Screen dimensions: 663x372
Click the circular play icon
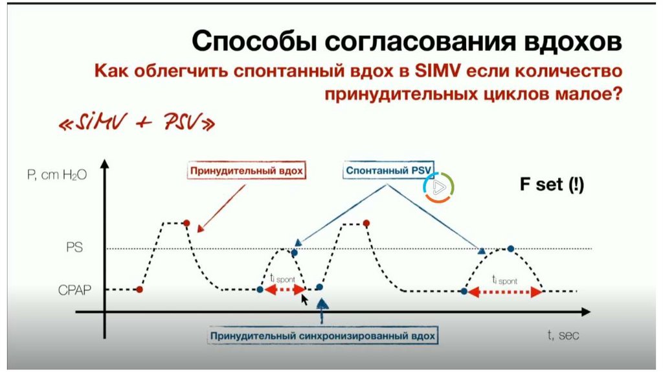438,187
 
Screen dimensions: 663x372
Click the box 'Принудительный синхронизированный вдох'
323,337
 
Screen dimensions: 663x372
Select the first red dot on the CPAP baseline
139,290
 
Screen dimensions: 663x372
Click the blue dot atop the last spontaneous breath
511,249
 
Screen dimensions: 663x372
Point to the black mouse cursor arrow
304,299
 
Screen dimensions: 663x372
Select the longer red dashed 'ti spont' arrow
503,292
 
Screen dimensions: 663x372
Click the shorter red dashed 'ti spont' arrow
280,292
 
